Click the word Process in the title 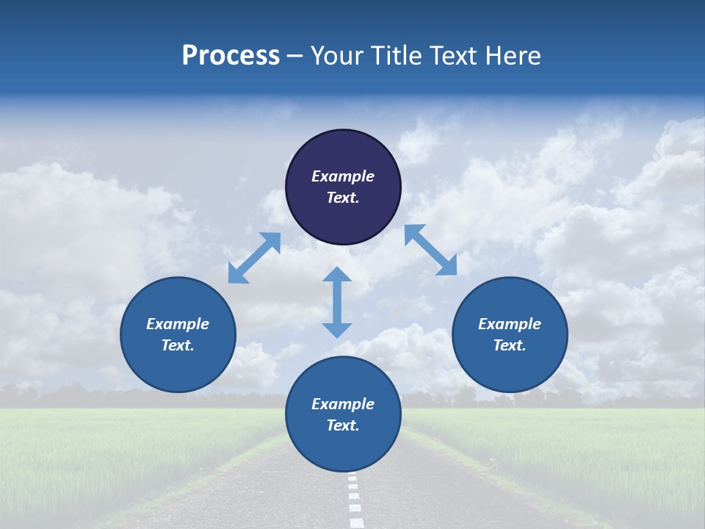[x=231, y=56]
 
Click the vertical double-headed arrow [x=337, y=302]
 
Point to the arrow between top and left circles [x=254, y=258]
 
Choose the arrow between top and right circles [x=430, y=250]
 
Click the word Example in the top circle [x=343, y=176]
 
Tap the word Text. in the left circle [x=178, y=345]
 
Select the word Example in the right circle [x=510, y=324]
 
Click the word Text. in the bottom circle [x=343, y=425]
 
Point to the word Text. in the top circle [x=343, y=198]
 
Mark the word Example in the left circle [x=178, y=324]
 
